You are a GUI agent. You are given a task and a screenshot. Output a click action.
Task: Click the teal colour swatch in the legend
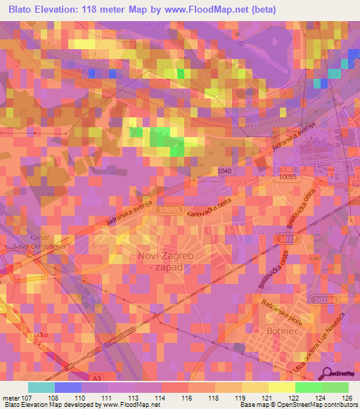coord(41,387)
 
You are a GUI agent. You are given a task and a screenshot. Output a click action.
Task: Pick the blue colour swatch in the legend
coord(68,387)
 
